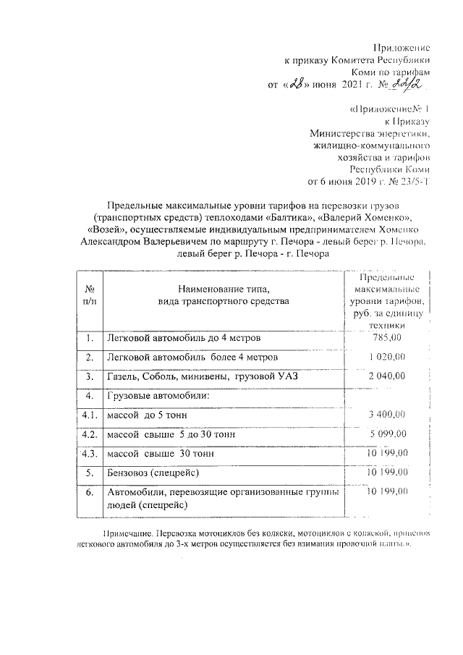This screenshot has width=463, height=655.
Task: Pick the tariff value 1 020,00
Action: [386, 357]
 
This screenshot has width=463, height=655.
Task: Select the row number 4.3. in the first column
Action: [89, 454]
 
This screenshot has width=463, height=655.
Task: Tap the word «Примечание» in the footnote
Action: [131, 533]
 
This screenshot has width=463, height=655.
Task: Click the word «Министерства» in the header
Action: [341, 133]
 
